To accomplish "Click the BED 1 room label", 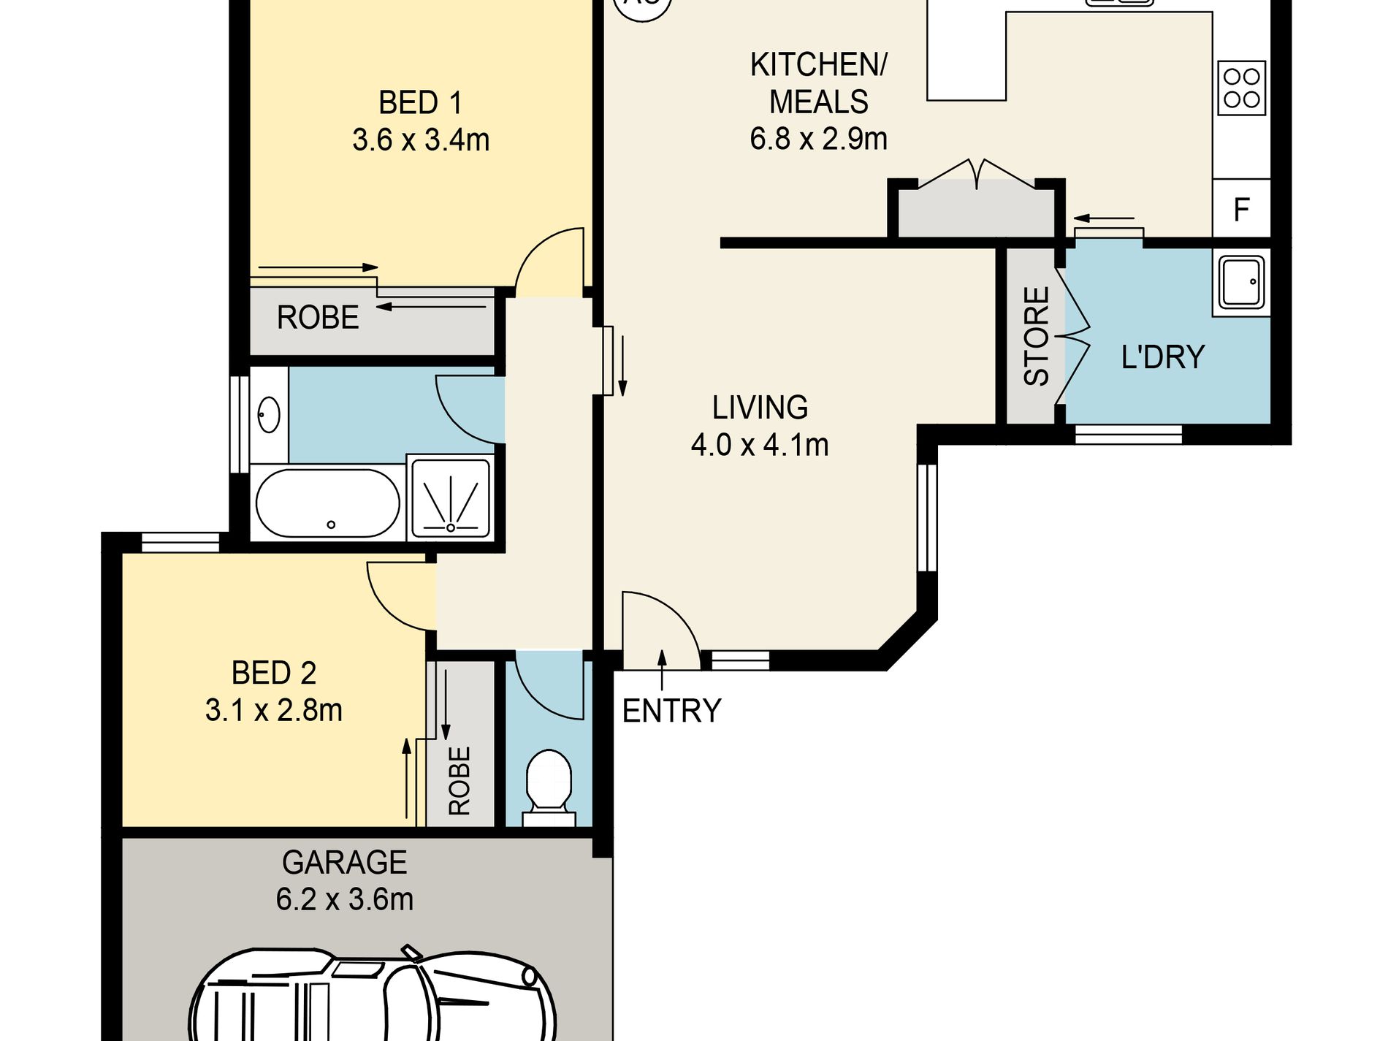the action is click(x=420, y=103).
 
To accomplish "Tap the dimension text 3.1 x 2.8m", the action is click(x=274, y=710).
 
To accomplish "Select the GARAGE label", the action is click(x=344, y=863).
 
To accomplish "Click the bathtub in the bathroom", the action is click(x=327, y=503).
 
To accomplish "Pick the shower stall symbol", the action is click(x=451, y=497).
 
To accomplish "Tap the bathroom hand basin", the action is click(x=269, y=414).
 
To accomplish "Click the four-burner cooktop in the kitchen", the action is click(x=1241, y=88).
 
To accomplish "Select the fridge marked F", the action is click(x=1242, y=209).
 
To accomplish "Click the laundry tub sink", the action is click(x=1241, y=282).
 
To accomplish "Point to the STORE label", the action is click(x=1037, y=336).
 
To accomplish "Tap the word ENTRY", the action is click(x=671, y=711).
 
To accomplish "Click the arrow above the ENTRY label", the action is click(x=663, y=669).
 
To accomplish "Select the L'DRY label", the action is click(x=1162, y=357).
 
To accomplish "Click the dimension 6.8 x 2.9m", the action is click(x=818, y=139).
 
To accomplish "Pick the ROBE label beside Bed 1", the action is click(x=318, y=318).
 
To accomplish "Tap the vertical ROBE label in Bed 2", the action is click(x=460, y=781).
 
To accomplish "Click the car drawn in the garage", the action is click(x=373, y=994).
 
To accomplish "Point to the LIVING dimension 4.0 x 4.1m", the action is click(x=760, y=445).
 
